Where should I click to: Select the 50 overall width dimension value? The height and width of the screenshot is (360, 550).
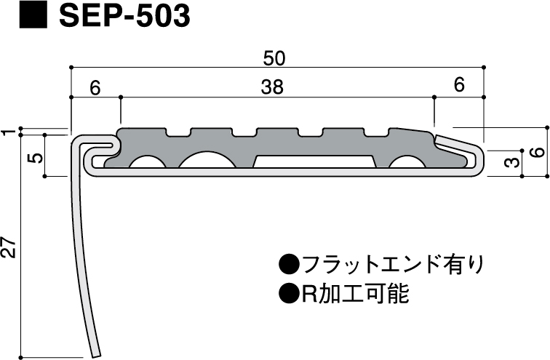tap(274, 57)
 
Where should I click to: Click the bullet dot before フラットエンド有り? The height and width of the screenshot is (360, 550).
tap(288, 263)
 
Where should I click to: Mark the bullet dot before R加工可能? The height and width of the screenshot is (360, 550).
tap(288, 294)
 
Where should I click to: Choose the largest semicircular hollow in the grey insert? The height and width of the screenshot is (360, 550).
tap(209, 159)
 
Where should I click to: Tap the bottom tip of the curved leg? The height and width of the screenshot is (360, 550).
tap(95, 355)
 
